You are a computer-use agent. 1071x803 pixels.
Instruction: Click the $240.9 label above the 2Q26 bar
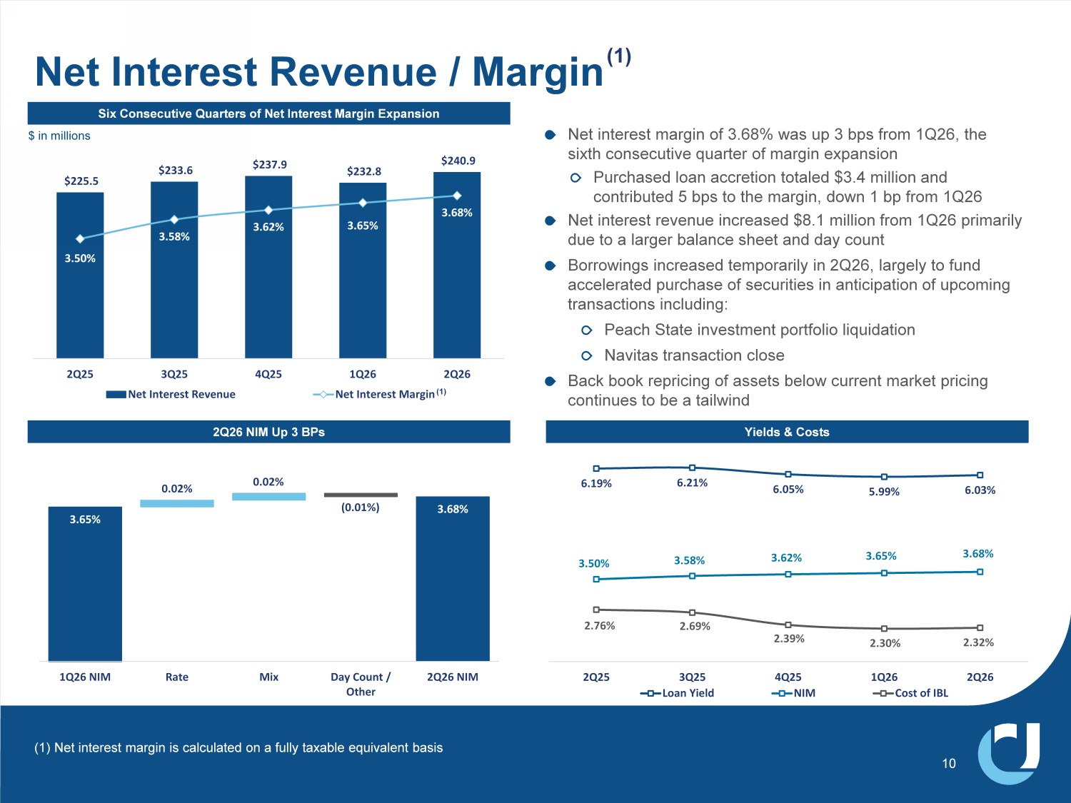tap(458, 161)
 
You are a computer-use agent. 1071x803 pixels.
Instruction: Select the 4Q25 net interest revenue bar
tap(268, 267)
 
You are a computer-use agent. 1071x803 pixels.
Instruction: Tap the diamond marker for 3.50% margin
tap(80, 238)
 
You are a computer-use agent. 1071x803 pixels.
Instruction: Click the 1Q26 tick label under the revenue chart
tap(363, 374)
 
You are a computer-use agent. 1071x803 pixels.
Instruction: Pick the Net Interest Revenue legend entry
tap(171, 394)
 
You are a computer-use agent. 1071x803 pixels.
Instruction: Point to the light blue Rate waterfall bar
tap(176, 503)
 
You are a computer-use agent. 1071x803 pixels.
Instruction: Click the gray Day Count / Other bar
tap(361, 495)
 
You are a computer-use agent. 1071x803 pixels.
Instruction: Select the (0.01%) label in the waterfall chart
tap(360, 507)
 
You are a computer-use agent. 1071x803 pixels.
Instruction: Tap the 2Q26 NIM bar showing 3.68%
tap(452, 579)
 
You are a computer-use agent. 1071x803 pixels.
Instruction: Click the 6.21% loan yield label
tap(692, 483)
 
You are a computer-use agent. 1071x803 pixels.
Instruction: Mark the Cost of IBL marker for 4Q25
tap(788, 625)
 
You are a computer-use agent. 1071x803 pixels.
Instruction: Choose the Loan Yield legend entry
tap(677, 693)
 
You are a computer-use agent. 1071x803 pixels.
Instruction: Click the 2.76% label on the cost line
tap(599, 625)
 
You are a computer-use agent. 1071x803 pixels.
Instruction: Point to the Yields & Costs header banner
tap(787, 432)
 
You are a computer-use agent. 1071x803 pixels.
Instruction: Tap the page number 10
tap(948, 763)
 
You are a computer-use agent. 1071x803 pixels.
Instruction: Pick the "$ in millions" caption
tap(59, 136)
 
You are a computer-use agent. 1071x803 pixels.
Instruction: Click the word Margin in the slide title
tap(538, 73)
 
